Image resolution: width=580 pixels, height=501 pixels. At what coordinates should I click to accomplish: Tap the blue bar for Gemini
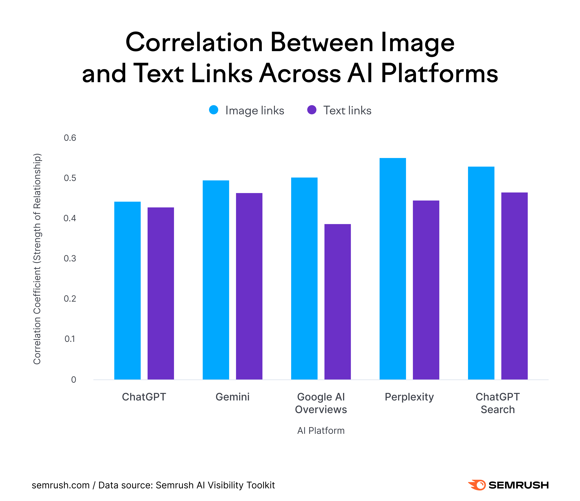(216, 280)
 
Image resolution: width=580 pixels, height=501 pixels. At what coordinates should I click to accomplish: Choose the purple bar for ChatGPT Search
(515, 286)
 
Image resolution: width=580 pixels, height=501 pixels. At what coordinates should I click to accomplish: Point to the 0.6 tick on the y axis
(70, 138)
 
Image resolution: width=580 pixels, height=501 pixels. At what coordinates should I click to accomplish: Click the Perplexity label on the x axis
(409, 397)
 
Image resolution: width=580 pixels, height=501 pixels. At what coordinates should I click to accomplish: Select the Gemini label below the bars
(232, 397)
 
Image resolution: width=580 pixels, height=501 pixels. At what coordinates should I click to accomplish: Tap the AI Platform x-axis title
(321, 431)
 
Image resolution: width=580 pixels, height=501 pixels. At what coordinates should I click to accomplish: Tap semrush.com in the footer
(60, 485)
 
